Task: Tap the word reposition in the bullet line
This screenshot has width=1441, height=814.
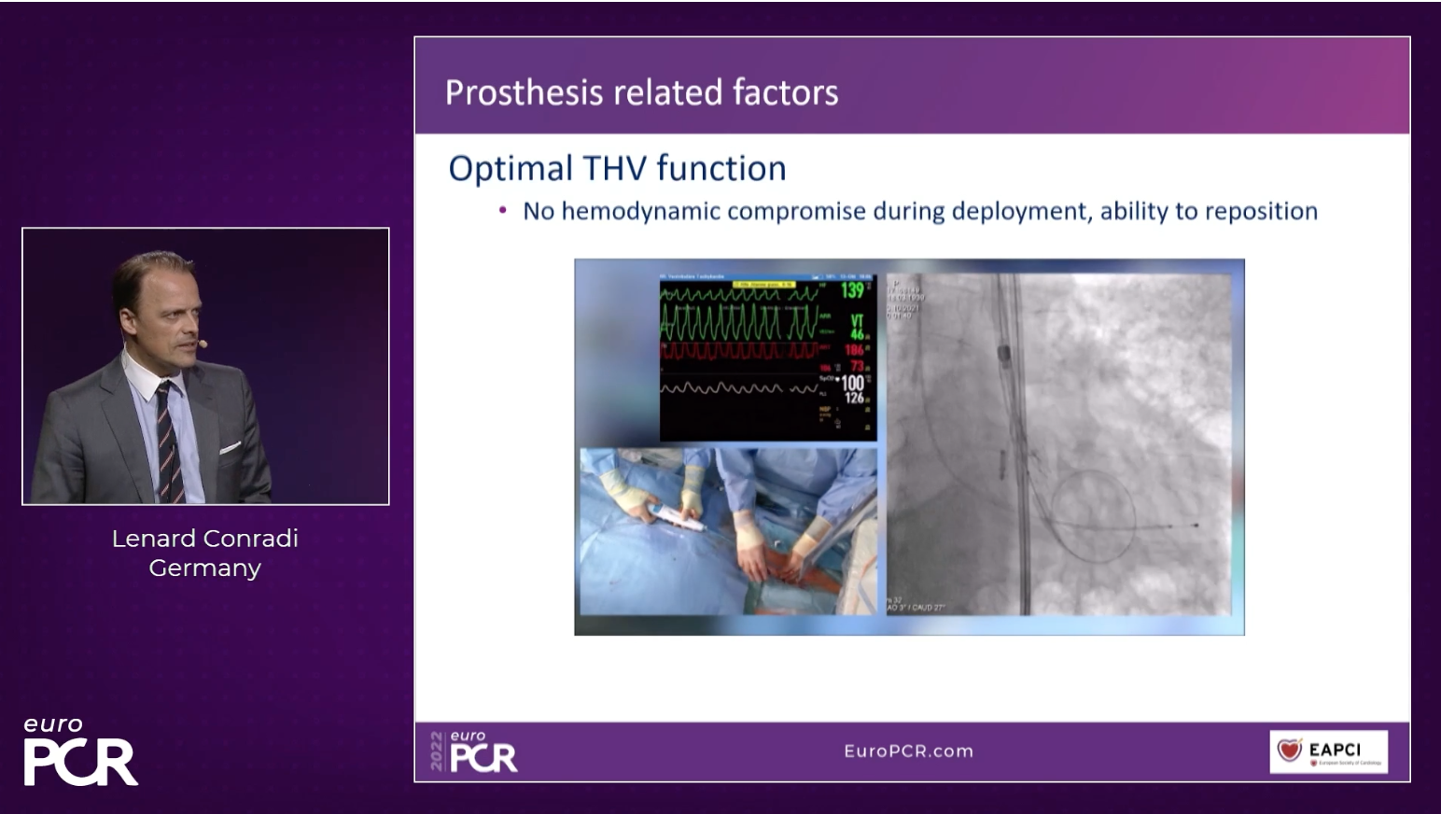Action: [x=1261, y=212]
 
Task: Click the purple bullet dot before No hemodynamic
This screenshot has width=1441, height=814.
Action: [x=503, y=211]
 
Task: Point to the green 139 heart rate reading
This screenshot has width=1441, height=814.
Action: [x=852, y=290]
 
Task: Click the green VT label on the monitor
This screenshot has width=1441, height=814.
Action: [x=857, y=320]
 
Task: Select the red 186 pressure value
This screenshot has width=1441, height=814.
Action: [x=854, y=350]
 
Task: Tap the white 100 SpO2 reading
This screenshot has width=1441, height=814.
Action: [x=852, y=383]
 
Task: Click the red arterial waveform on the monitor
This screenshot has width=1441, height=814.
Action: [x=737, y=352]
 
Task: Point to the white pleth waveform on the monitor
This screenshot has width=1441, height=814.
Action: [x=737, y=387]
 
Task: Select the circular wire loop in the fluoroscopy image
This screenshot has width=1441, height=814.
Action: [x=1092, y=514]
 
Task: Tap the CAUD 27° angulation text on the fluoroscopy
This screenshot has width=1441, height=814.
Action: [x=926, y=608]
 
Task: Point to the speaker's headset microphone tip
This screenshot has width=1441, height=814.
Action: [x=203, y=344]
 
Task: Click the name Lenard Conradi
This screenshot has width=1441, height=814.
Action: [x=204, y=539]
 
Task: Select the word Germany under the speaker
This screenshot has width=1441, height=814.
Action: [x=204, y=568]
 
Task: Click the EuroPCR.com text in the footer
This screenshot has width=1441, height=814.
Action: [x=908, y=751]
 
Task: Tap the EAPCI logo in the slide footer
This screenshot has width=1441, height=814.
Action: [x=1328, y=751]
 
